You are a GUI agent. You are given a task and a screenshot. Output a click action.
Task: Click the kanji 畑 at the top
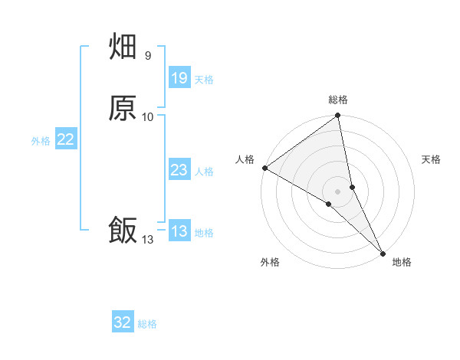tap(123, 47)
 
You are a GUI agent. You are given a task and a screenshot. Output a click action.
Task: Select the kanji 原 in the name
tap(123, 108)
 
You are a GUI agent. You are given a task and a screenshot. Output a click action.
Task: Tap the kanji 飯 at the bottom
tap(123, 230)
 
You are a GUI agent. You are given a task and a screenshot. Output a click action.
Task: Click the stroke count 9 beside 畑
tap(147, 55)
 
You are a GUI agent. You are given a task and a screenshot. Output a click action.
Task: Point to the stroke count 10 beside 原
tap(148, 116)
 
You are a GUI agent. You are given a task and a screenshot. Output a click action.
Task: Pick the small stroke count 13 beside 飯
tap(147, 240)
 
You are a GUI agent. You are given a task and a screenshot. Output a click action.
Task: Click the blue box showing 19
tap(179, 78)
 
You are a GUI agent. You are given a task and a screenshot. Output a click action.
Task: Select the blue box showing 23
tap(179, 170)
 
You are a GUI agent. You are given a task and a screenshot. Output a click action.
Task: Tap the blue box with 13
tap(179, 231)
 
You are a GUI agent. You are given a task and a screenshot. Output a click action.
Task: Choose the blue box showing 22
tap(66, 139)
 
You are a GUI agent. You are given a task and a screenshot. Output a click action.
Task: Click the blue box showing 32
tap(123, 322)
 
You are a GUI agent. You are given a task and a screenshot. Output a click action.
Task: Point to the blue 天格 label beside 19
tap(204, 79)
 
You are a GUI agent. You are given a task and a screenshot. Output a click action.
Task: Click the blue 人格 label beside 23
tap(204, 171)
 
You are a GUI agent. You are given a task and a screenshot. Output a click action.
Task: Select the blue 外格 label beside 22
tap(41, 140)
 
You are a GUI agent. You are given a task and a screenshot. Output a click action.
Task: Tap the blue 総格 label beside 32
tap(147, 323)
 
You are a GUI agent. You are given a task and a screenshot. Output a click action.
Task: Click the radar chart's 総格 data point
tap(338, 116)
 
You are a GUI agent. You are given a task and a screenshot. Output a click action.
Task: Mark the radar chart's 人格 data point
tap(264, 168)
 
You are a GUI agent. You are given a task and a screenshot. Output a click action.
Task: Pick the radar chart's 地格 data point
tap(382, 252)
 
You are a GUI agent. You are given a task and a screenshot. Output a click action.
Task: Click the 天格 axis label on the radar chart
tap(431, 159)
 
